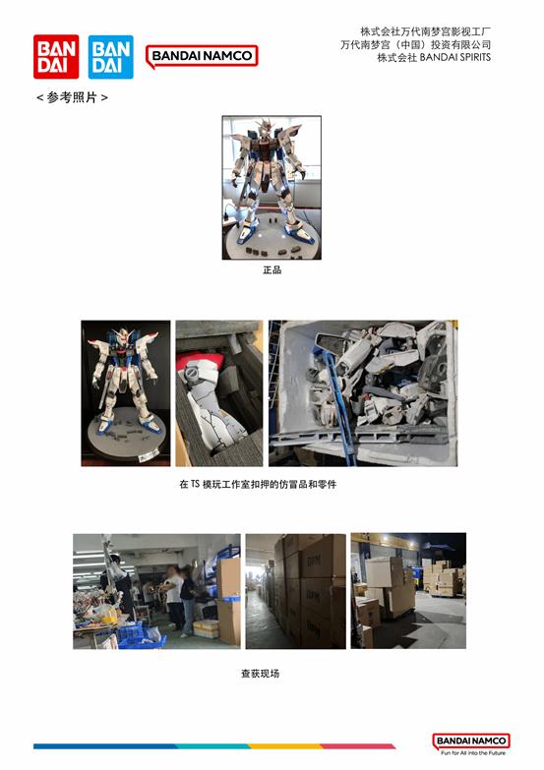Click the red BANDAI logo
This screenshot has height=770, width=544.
click(x=56, y=56)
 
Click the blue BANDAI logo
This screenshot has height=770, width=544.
click(x=110, y=56)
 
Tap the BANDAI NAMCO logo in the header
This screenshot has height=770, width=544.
click(x=202, y=56)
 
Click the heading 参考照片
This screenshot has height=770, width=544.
click(x=72, y=97)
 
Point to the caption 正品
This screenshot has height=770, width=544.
click(x=272, y=269)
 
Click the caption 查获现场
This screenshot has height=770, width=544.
click(x=260, y=674)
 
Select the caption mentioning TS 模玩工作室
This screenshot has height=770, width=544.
click(x=258, y=484)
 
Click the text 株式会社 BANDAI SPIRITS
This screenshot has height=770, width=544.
click(x=434, y=57)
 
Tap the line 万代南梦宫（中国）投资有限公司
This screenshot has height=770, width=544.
click(x=416, y=44)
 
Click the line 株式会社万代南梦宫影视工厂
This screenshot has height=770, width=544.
click(x=426, y=31)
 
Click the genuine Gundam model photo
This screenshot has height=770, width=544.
click(x=272, y=188)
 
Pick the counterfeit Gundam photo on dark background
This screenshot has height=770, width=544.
click(x=126, y=393)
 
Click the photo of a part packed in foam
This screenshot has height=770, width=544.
click(x=219, y=393)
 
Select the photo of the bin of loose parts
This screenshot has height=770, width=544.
click(x=363, y=393)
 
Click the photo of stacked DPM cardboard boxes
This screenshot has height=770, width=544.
click(x=296, y=591)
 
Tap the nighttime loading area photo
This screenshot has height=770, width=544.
click(x=408, y=591)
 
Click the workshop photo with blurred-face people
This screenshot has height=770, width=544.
click(x=156, y=591)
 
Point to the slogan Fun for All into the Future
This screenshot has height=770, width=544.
click(x=473, y=753)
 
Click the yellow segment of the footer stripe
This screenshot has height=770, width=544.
click(x=285, y=746)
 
